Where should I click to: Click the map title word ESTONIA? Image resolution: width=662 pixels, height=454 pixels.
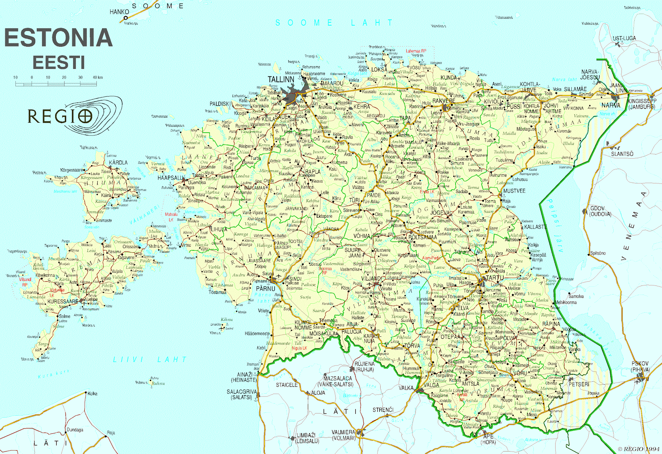pyautogui.click(x=58, y=38)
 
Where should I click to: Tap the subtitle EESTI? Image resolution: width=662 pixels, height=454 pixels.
pyautogui.click(x=59, y=63)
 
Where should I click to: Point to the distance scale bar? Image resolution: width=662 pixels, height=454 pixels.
pyautogui.click(x=56, y=84)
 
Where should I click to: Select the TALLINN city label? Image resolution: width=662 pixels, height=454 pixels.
pyautogui.click(x=281, y=79)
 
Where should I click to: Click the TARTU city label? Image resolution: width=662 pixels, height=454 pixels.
pyautogui.click(x=495, y=278)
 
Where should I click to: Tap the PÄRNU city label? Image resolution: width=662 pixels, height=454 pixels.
pyautogui.click(x=265, y=288)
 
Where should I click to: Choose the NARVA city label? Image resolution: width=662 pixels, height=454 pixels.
pyautogui.click(x=611, y=105)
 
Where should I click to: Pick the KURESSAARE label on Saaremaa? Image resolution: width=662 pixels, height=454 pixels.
pyautogui.click(x=63, y=302)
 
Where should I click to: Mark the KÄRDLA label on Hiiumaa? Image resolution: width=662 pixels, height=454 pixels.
pyautogui.click(x=118, y=163)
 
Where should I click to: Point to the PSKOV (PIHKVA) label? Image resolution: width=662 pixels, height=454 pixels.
pyautogui.click(x=640, y=366)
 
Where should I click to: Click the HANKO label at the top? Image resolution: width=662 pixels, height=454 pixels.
pyautogui.click(x=119, y=12)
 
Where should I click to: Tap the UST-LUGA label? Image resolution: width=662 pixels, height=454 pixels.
pyautogui.click(x=624, y=38)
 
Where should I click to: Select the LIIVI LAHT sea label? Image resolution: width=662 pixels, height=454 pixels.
pyautogui.click(x=150, y=360)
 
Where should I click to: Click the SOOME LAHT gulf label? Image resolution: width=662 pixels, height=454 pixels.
pyautogui.click(x=334, y=23)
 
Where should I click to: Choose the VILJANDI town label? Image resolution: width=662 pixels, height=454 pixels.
pyautogui.click(x=371, y=279)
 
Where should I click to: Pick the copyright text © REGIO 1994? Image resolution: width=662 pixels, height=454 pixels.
pyautogui.click(x=639, y=449)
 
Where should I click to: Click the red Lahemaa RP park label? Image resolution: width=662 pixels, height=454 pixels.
pyautogui.click(x=416, y=51)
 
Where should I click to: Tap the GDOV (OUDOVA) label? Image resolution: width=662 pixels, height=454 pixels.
pyautogui.click(x=600, y=211)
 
